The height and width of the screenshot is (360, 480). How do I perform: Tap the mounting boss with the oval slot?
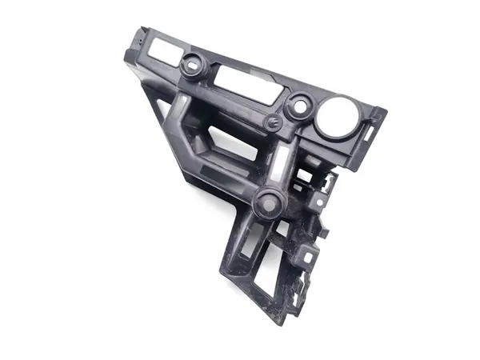pos(192,66)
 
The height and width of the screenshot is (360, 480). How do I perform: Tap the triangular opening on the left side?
pos(164,112)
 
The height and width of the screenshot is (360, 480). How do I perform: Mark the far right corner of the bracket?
pos(386,112)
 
